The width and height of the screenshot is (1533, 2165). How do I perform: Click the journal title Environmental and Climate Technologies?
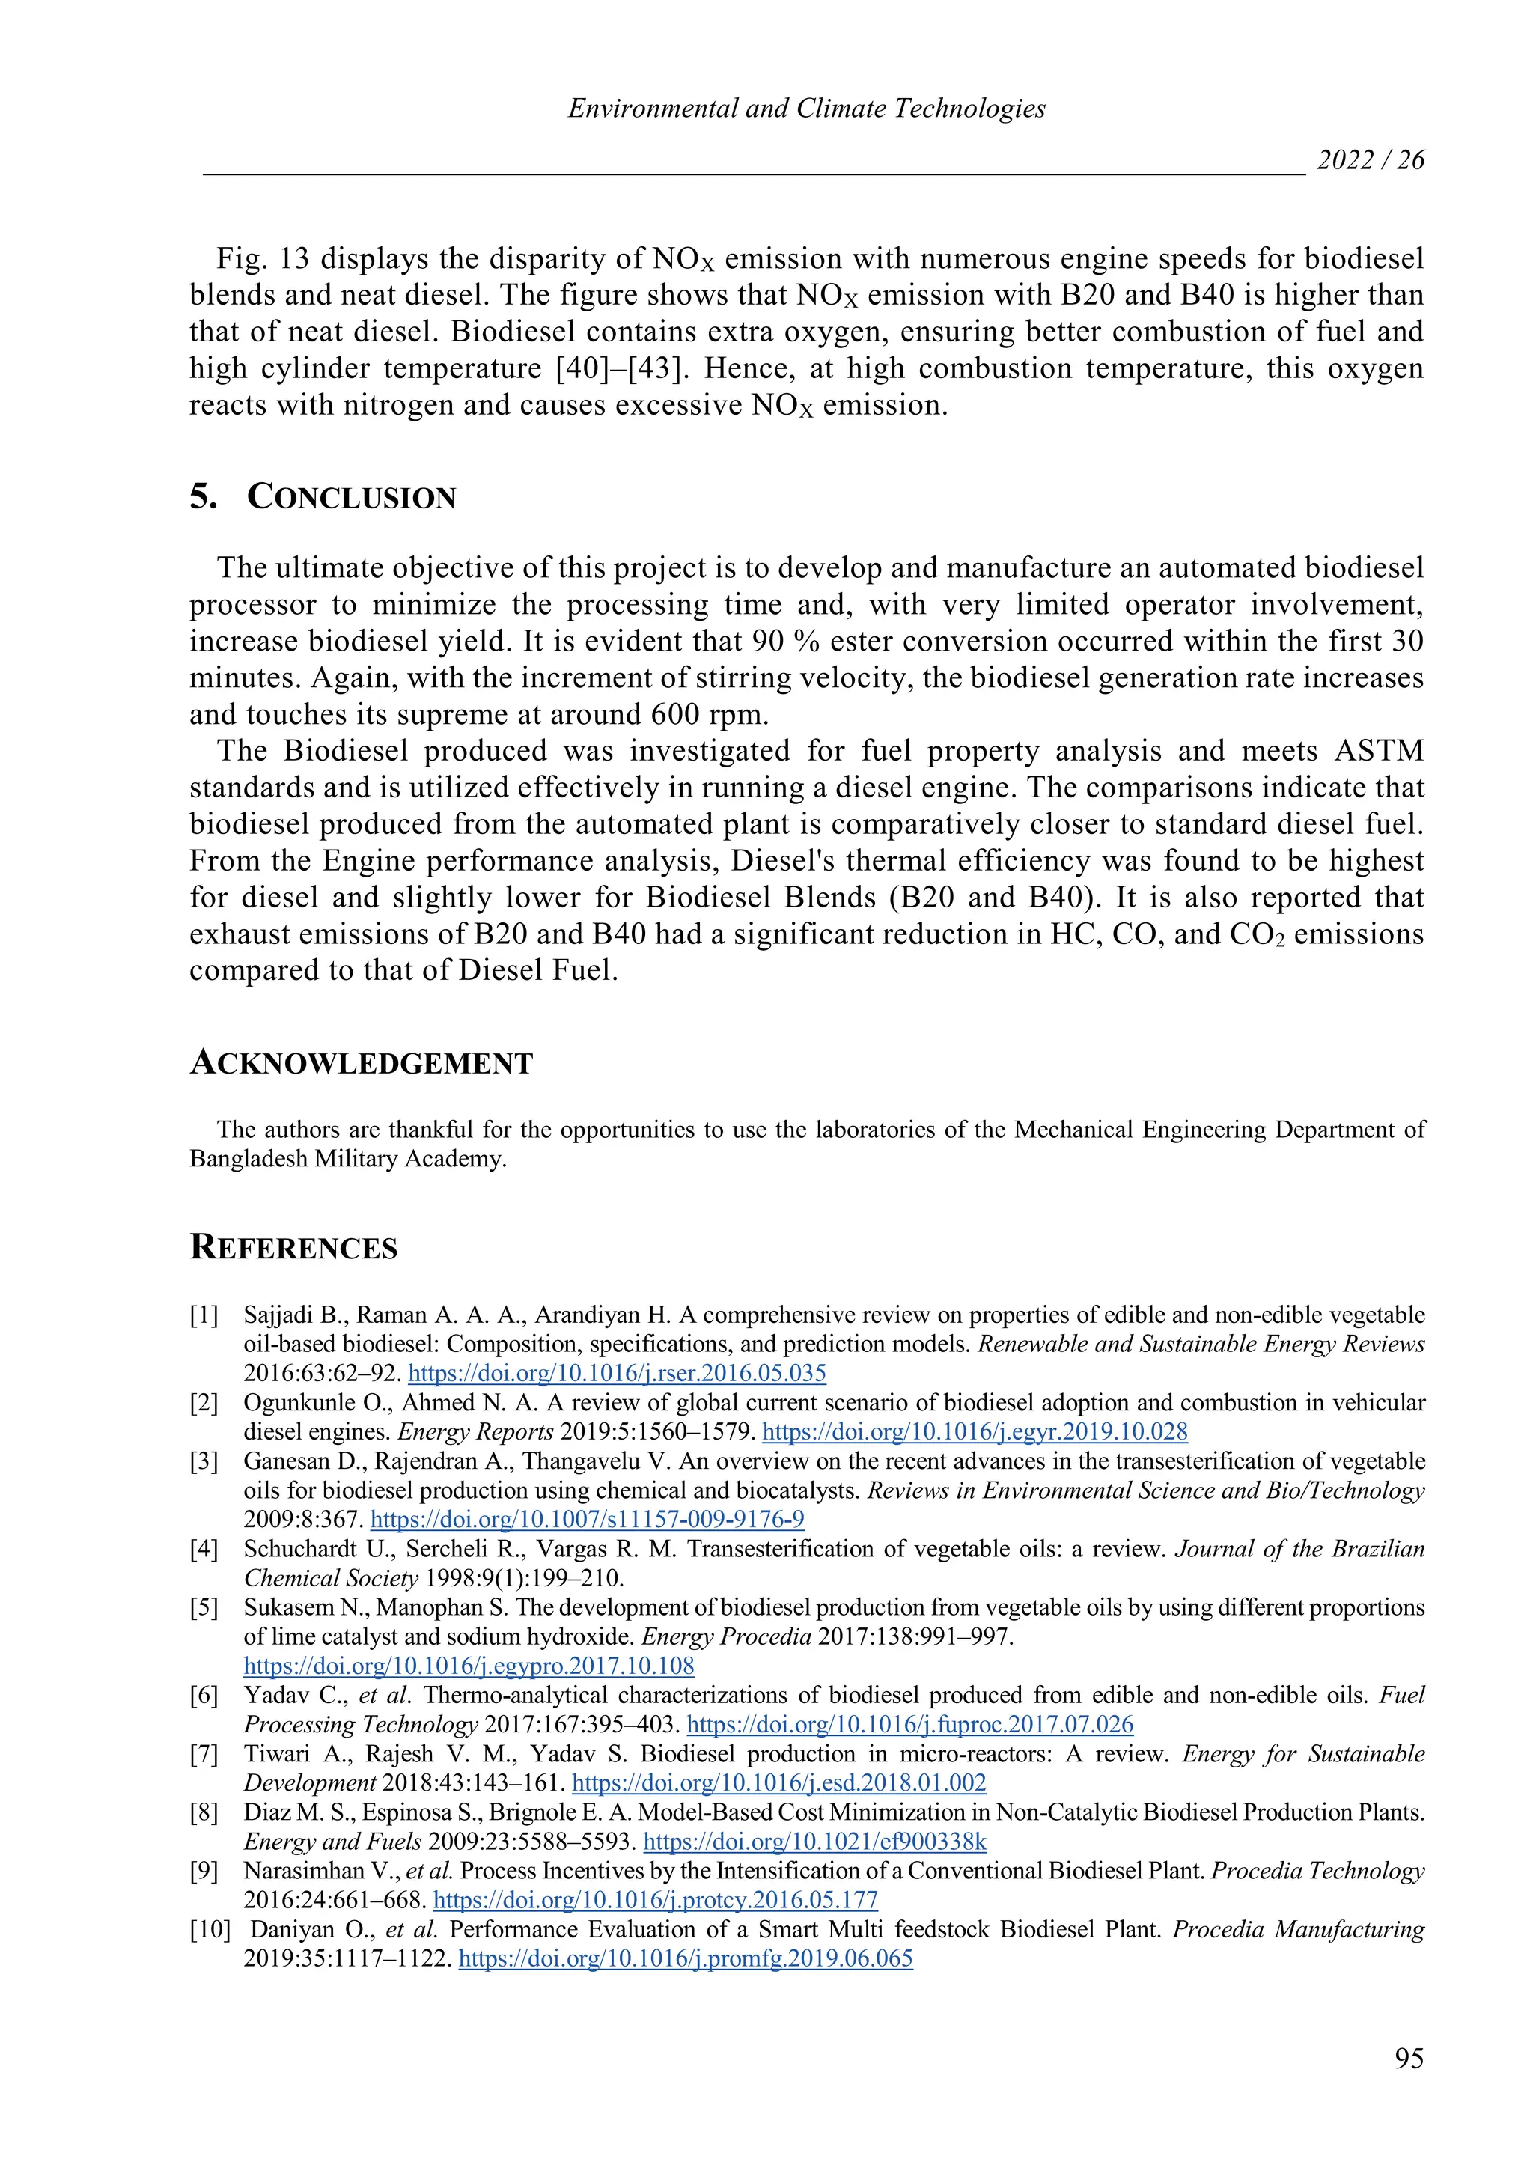pos(806,109)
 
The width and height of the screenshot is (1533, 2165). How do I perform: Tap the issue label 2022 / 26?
pos(1370,159)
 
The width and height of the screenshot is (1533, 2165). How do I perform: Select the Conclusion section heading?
pos(351,496)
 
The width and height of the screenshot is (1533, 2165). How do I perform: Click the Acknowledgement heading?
pos(362,1063)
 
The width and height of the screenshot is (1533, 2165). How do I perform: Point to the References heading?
pos(293,1247)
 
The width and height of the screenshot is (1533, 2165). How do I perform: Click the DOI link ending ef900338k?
pos(814,1841)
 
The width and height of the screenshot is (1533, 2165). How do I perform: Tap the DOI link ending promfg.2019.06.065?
pos(686,1958)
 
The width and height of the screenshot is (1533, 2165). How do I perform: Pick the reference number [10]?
pos(210,1929)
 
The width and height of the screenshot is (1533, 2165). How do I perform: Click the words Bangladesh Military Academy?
pos(347,1159)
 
